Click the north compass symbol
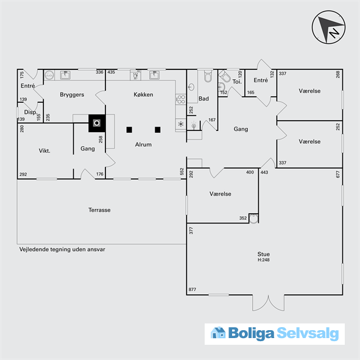point(328,27)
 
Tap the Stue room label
point(264,254)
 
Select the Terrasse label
point(99,210)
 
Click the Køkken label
point(143,94)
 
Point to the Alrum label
point(143,144)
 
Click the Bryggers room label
point(72,95)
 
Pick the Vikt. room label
point(44,150)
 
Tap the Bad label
point(203,99)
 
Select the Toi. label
point(237,82)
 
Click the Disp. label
point(30,112)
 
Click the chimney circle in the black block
point(97,123)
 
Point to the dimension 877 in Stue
point(192,289)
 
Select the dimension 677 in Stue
point(337,174)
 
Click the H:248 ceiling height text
point(264,260)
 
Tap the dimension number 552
point(182,172)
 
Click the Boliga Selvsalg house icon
point(218,333)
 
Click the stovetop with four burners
point(181,99)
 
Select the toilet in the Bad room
point(208,76)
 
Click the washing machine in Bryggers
point(49,75)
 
